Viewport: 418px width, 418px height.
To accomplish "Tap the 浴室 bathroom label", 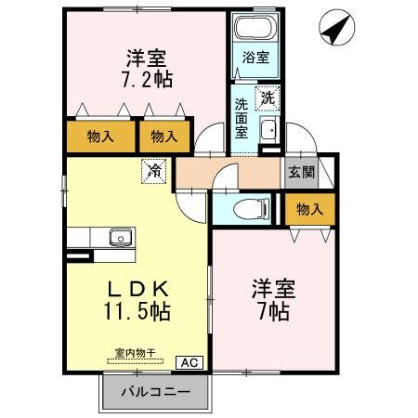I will coord(255,57).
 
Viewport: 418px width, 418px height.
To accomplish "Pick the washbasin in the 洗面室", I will coord(268,128).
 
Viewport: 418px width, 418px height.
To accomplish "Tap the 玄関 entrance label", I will coord(302,171).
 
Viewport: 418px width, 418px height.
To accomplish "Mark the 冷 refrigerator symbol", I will coord(152,170).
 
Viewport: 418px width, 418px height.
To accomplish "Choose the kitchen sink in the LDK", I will coord(118,238).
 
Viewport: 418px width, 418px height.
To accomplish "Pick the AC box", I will coord(189,363).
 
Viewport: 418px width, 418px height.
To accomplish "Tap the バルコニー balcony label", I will coord(156,393).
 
